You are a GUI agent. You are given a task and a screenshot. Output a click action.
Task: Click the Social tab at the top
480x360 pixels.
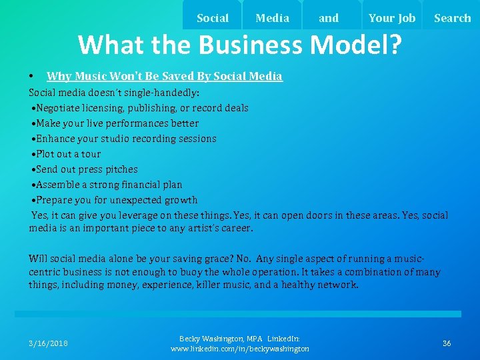(213, 18)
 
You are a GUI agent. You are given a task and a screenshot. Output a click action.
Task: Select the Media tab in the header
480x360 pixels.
(273, 18)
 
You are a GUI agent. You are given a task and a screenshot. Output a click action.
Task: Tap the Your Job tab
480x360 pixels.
(391, 18)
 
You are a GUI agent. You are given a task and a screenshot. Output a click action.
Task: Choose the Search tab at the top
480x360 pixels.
(452, 18)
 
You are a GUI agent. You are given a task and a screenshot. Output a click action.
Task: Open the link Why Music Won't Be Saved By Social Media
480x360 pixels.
(164, 77)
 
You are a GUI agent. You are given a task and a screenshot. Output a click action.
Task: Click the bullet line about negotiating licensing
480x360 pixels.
(142, 108)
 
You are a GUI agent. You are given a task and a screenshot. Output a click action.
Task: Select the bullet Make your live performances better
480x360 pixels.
(117, 123)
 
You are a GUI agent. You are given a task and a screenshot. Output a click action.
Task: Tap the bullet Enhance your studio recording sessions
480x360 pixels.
(126, 139)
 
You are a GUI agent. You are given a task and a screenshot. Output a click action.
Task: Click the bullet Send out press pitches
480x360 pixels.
(87, 169)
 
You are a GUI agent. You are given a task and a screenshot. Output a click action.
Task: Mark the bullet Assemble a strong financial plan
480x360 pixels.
(109, 185)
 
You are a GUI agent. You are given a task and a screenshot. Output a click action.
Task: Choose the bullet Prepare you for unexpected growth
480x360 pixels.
(117, 200)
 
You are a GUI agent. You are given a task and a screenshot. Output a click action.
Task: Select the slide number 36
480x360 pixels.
(447, 343)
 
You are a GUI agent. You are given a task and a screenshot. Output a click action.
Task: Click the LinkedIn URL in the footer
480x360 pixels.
(240, 349)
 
